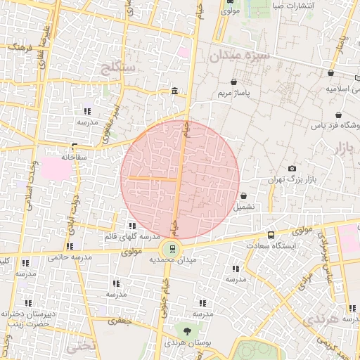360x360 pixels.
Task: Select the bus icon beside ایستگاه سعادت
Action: (271, 236)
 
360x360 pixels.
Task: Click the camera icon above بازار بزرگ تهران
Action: (292, 169)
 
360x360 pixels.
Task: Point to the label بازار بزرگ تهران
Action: (289, 180)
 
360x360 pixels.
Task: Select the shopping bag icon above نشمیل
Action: (243, 196)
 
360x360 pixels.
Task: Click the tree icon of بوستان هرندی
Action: (187, 330)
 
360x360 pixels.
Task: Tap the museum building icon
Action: (174, 91)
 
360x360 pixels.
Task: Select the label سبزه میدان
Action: (236, 56)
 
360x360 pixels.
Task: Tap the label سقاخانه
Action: (73, 157)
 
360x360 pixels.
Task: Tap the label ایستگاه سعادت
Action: (272, 247)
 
